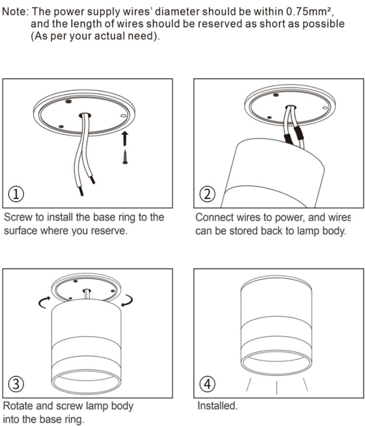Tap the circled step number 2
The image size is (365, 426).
207,194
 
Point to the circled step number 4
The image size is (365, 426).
207,384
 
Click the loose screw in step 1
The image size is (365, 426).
125,157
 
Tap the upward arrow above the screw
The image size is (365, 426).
125,138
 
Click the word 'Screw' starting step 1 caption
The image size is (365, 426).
18,217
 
